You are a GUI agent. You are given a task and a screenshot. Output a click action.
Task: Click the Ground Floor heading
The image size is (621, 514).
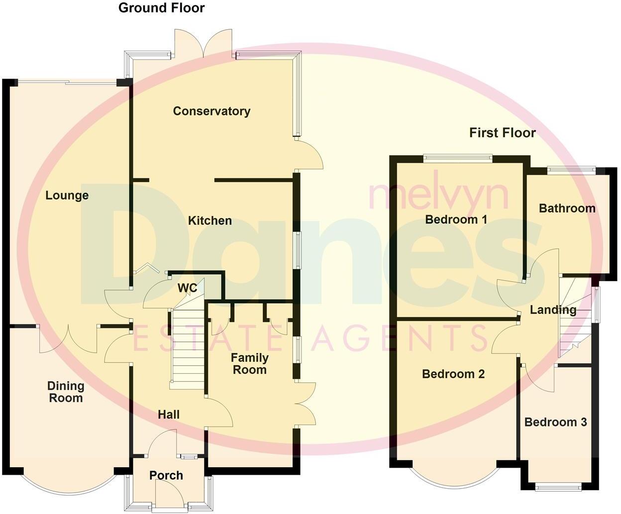pyautogui.click(x=161, y=8)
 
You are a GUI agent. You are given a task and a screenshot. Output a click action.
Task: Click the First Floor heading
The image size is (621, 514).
pyautogui.click(x=502, y=133)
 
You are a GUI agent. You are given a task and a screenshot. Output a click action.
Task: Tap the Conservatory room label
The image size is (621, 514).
pyautogui.click(x=211, y=111)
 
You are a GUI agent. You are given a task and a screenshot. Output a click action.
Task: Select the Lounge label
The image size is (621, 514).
pyautogui.click(x=67, y=196)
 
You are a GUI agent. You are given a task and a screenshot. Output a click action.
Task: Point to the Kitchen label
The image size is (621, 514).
pyautogui.click(x=209, y=220)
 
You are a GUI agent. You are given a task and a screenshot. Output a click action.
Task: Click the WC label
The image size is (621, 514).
pyautogui.click(x=188, y=288)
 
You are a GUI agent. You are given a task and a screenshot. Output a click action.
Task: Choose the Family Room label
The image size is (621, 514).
pyautogui.click(x=249, y=364)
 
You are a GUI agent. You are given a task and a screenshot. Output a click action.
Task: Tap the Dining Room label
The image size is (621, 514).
pyautogui.click(x=66, y=392)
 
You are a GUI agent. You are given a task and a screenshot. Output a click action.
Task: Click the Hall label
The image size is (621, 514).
pyautogui.click(x=169, y=414)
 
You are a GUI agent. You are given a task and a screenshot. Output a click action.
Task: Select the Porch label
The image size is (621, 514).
pyautogui.click(x=166, y=475)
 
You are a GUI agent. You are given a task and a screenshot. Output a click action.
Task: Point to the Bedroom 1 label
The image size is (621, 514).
pyautogui.click(x=456, y=219)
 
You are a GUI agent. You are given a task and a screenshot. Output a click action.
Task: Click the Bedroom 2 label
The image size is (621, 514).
pyautogui.click(x=453, y=374)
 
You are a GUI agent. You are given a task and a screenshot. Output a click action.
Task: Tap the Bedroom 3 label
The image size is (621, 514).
pyautogui.click(x=555, y=422)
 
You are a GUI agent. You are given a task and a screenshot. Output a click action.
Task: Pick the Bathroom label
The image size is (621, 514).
pyautogui.click(x=567, y=208)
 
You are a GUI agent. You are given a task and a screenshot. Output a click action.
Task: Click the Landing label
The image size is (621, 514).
pyautogui.click(x=553, y=310)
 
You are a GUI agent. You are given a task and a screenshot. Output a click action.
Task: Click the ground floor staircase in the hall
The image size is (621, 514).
pyautogui.click(x=187, y=348)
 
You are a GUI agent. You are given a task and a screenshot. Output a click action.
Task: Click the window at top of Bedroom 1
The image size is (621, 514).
pyautogui.click(x=457, y=159)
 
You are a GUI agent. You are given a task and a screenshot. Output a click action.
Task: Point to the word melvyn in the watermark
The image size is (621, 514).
pyautogui.click(x=438, y=195)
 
